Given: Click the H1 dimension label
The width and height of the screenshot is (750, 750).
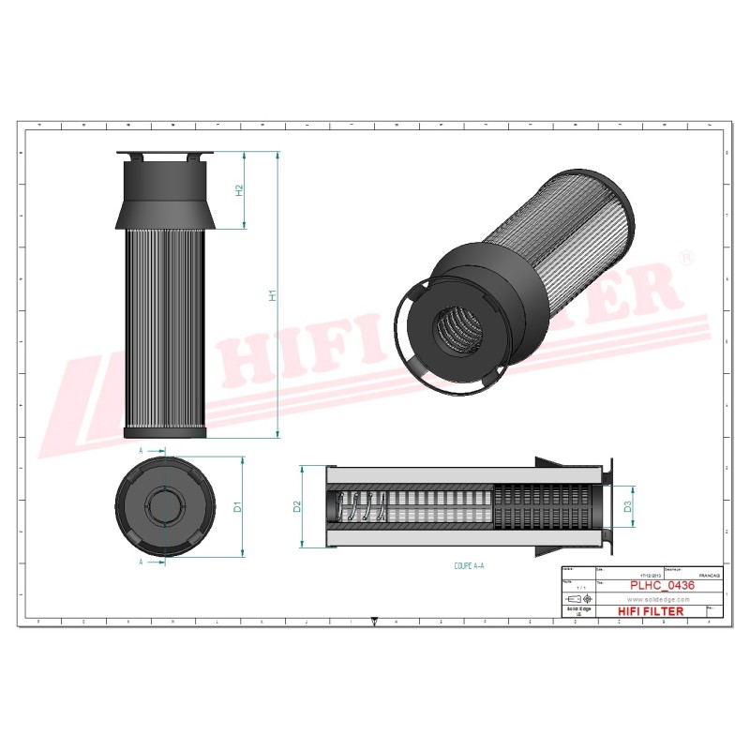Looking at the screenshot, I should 273,296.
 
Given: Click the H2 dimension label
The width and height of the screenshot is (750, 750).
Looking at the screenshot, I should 239,190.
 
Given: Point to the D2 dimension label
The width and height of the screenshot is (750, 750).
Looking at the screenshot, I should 296,506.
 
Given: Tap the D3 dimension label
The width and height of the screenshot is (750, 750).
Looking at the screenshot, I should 627,506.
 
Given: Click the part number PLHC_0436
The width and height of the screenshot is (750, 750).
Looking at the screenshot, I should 662,586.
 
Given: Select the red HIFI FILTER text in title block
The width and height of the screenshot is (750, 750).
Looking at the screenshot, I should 650,611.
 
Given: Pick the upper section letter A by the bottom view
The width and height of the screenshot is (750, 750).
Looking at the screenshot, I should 141,451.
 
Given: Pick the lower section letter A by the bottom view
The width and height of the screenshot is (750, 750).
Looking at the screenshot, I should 141,562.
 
